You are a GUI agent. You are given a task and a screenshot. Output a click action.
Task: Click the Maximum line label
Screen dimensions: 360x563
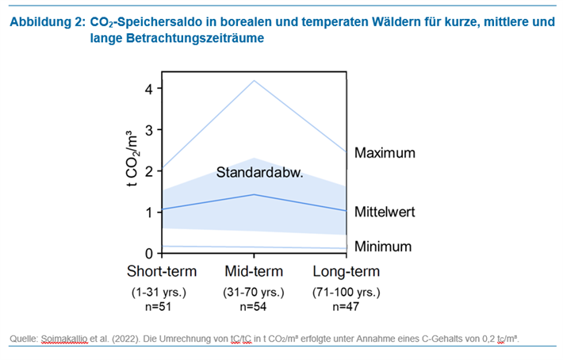[385, 152]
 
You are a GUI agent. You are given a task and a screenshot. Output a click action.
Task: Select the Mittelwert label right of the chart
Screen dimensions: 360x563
[385, 213]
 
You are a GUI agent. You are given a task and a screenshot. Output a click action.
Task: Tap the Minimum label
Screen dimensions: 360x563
[383, 246]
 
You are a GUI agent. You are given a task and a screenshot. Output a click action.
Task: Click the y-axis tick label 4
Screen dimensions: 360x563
[147, 89]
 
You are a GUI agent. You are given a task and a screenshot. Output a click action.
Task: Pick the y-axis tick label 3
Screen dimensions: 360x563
[147, 130]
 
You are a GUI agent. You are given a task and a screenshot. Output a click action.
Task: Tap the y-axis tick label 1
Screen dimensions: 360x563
[147, 213]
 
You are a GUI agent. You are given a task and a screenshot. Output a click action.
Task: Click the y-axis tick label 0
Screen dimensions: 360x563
[147, 254]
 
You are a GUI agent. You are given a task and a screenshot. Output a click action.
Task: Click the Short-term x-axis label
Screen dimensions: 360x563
[161, 271]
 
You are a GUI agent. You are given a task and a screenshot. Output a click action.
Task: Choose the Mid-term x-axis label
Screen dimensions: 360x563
[253, 271]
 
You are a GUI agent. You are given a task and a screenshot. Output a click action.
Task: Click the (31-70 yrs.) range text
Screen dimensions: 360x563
[253, 292]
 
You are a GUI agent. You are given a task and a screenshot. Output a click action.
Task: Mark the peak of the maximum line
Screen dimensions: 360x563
[253, 81]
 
